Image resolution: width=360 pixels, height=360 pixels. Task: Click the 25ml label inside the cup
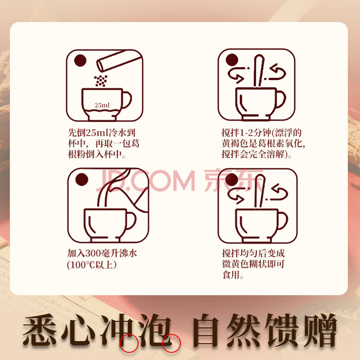102,105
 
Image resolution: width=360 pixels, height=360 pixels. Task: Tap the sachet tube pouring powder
118,61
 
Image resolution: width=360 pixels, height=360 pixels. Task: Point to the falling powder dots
101,81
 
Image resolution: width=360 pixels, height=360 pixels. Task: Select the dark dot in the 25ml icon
81,61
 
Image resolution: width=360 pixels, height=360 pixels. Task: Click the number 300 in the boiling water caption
93,253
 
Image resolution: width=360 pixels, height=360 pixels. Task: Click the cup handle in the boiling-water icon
131,220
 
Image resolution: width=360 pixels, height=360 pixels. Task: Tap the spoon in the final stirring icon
260,191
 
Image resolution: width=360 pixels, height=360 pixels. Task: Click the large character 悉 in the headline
40,330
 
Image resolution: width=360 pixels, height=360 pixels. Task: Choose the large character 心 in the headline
78,330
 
